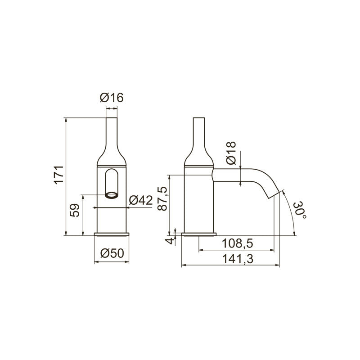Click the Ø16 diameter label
point(112,97)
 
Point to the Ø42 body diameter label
point(141,201)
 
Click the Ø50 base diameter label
point(111,253)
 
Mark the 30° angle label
point(300,211)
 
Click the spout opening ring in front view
point(111,195)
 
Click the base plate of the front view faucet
point(111,234)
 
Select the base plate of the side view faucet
point(198,234)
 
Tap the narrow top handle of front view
point(112,130)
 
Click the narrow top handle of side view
point(198,130)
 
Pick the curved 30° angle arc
point(292,211)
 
